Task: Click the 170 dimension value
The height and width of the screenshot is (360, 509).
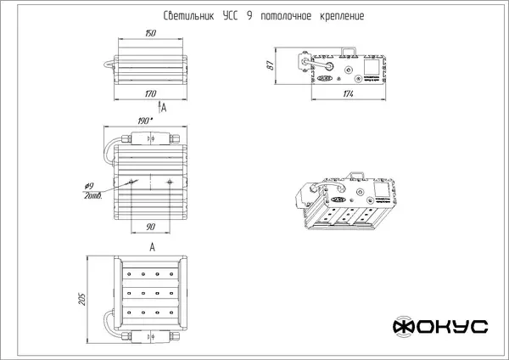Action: [150, 93]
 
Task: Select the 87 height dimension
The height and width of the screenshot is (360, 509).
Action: [267, 67]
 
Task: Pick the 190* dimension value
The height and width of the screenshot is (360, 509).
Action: [147, 120]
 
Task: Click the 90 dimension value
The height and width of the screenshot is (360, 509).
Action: [150, 226]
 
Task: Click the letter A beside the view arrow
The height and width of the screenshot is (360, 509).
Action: [164, 110]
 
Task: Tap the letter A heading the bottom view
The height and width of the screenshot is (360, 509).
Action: [151, 246]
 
